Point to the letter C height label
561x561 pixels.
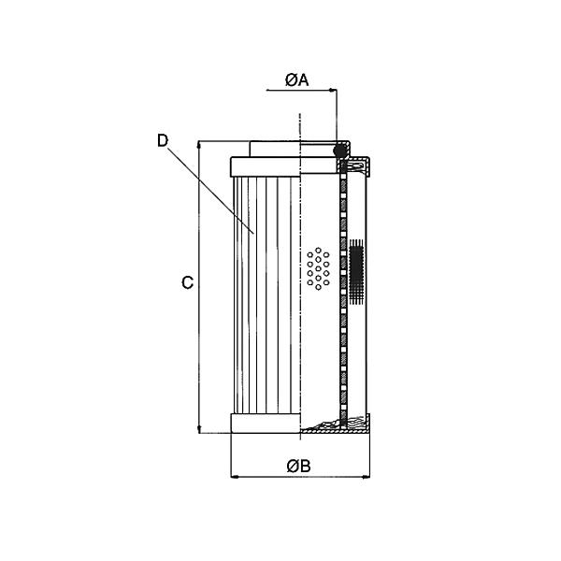[187, 282]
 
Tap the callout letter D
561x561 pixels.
[162, 140]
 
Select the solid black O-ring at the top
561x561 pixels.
[341, 150]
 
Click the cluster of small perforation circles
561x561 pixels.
[319, 268]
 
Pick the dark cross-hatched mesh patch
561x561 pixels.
[355, 271]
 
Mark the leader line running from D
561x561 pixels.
[210, 187]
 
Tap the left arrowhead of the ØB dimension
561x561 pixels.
[235, 478]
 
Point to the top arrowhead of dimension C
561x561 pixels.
[199, 148]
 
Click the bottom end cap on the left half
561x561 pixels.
[264, 424]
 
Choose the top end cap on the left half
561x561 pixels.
[264, 166]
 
